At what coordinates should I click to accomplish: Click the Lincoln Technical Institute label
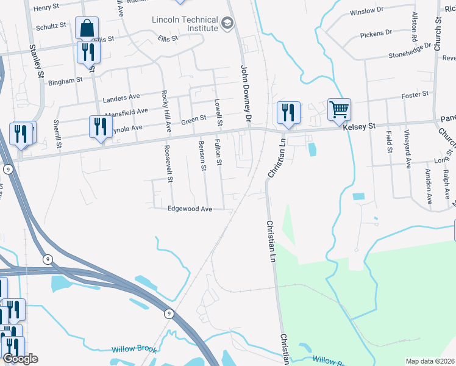pos(185,24)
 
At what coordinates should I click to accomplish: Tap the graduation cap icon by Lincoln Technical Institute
pos(227,24)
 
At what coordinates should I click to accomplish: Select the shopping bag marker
pos(87,29)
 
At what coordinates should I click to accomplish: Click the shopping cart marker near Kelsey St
pos(339,110)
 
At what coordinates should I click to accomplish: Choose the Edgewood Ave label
pos(190,209)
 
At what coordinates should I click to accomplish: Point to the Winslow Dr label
pos(366,11)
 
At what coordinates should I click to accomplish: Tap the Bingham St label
pos(65,81)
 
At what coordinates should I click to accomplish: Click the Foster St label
pos(416,95)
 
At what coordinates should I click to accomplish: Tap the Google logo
pos(21,359)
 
